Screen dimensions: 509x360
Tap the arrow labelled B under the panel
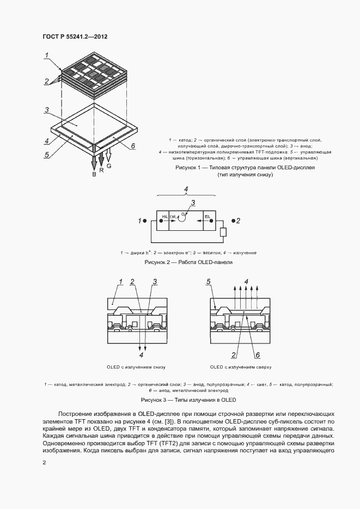[94, 162]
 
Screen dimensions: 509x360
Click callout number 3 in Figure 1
[47, 110]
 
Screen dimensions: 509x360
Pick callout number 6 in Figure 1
[133, 145]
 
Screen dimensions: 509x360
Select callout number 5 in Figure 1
[47, 154]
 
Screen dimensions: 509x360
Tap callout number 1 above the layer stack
[48, 54]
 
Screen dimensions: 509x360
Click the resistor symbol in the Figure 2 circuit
[222, 233]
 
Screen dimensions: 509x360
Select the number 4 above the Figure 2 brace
[186, 189]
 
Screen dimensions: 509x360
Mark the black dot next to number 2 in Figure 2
[233, 220]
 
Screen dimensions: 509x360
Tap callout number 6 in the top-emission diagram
[258, 355]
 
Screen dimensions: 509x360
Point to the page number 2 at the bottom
[45, 463]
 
